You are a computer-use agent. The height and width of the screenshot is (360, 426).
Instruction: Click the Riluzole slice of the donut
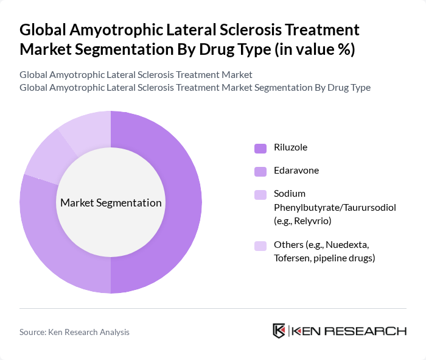click(183, 201)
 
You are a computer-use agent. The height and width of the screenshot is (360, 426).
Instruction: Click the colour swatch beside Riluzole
click(260, 148)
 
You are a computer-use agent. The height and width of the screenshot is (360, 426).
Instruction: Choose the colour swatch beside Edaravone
click(260, 171)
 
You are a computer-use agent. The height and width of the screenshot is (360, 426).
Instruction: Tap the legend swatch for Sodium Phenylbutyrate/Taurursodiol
click(260, 195)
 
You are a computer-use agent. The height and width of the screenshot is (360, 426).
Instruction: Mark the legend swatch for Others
click(260, 246)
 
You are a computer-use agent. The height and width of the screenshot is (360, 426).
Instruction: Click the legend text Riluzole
click(291, 147)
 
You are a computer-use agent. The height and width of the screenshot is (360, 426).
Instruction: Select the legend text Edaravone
click(296, 171)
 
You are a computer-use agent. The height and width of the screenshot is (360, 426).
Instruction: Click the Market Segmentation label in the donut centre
click(111, 203)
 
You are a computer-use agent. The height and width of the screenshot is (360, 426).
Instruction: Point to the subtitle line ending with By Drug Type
click(195, 87)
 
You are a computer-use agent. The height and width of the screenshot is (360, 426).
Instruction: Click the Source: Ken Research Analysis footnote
click(74, 332)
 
